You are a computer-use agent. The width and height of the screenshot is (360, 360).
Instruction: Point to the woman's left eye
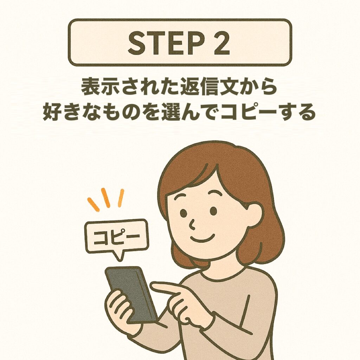point(213,211)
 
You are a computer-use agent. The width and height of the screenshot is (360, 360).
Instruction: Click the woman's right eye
point(184,213)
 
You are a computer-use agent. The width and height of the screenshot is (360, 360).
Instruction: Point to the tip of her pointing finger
point(153,286)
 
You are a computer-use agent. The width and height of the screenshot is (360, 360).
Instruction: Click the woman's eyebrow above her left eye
point(216,194)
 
